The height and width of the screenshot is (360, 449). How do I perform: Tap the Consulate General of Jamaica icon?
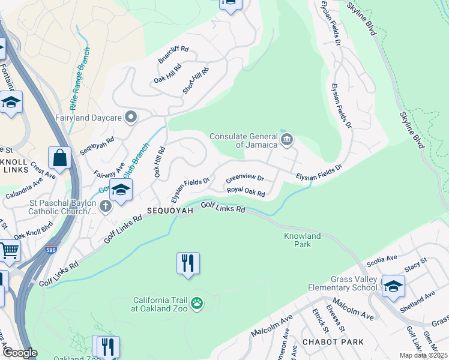(x=286, y=140)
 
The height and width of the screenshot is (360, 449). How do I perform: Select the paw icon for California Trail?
(x=196, y=304)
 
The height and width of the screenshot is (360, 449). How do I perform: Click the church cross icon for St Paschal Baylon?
(x=106, y=207)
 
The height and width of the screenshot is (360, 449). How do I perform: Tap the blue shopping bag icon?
(x=60, y=158)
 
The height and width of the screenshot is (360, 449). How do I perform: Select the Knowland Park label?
(x=302, y=240)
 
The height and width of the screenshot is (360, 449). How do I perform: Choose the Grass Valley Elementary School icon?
(x=393, y=286)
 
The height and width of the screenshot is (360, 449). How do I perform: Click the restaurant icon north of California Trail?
(x=188, y=262)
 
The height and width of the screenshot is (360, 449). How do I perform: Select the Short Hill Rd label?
(x=196, y=80)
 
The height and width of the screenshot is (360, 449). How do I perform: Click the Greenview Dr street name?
(x=244, y=179)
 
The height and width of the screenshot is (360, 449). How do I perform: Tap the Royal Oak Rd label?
(x=246, y=192)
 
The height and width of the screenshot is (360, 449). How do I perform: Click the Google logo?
(x=20, y=353)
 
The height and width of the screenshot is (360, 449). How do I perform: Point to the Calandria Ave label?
(x=25, y=187)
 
